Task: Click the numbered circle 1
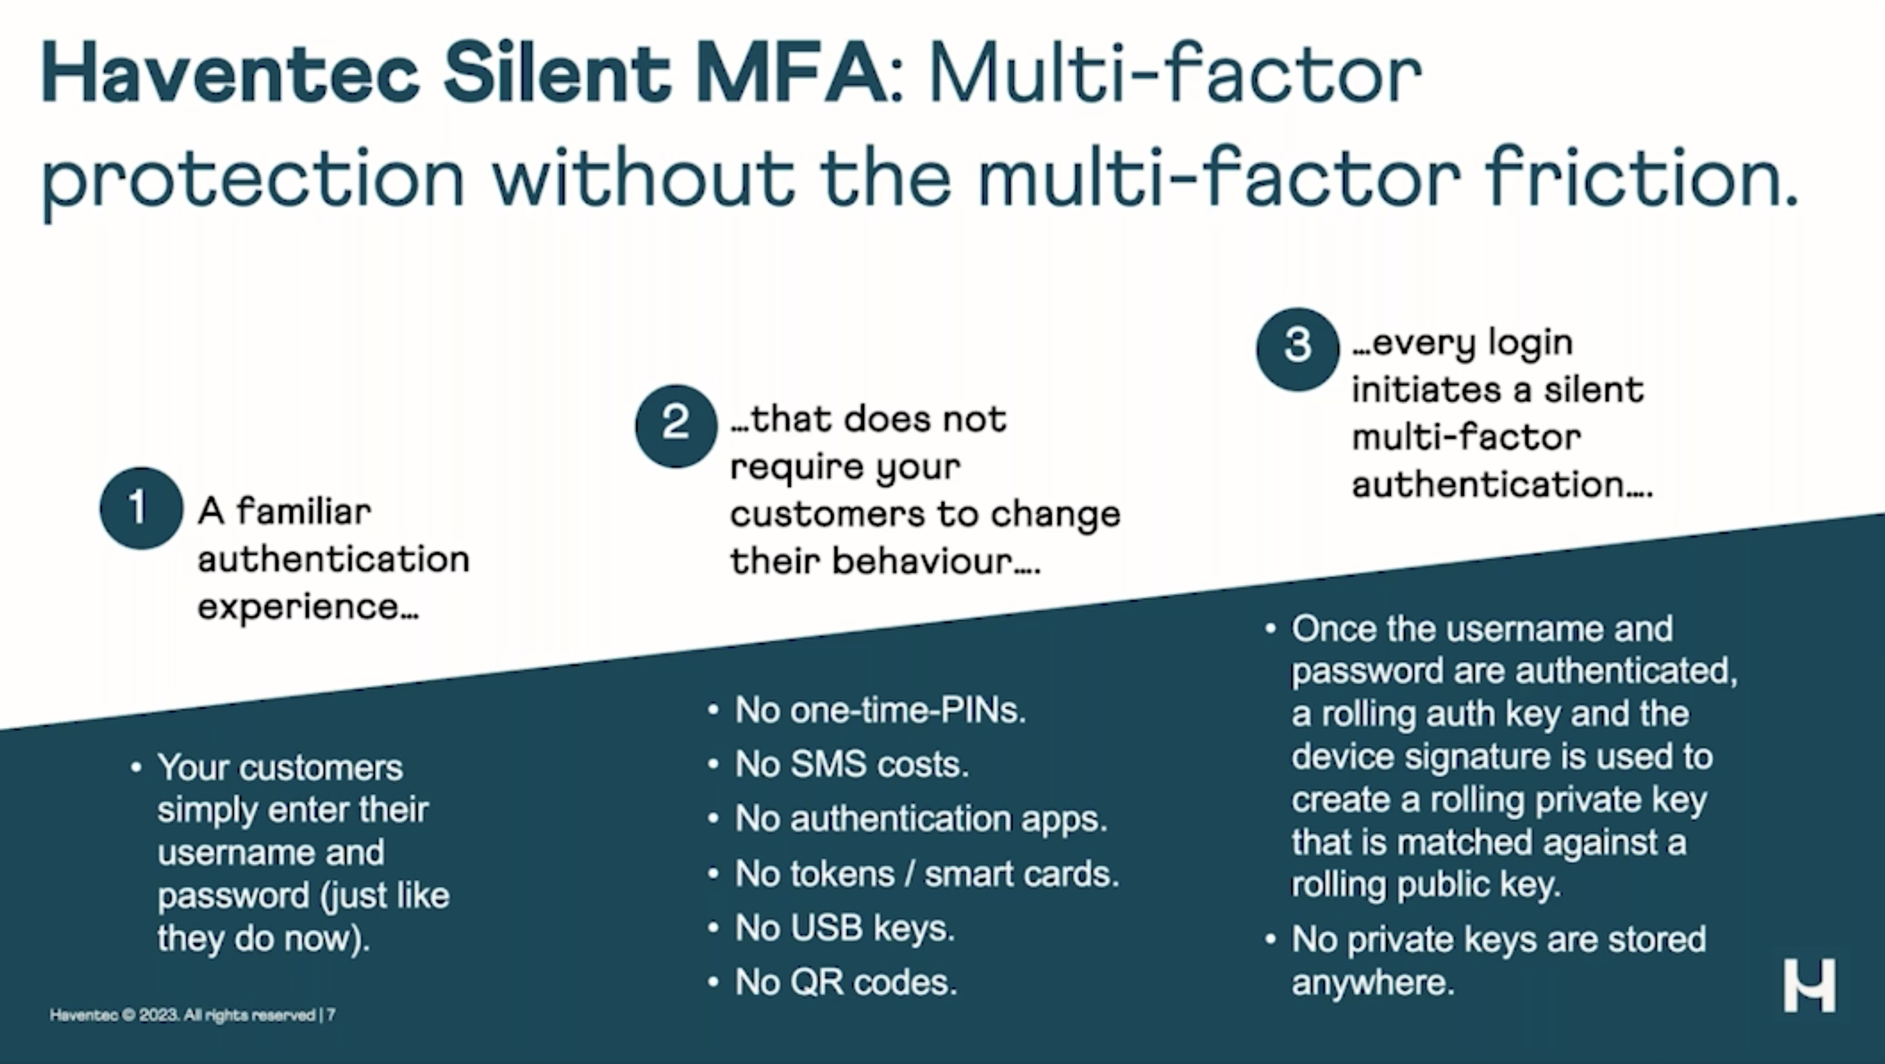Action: (x=141, y=508)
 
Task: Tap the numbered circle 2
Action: (x=676, y=426)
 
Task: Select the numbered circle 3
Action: (x=1298, y=348)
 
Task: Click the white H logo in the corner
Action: (x=1810, y=985)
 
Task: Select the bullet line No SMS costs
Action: (x=851, y=764)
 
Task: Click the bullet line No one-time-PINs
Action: (x=879, y=710)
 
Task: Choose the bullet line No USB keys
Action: (x=844, y=928)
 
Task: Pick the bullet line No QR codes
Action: (x=845, y=982)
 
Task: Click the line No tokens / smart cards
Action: (x=927, y=873)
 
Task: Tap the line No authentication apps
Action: (x=921, y=818)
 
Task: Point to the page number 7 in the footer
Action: (x=332, y=1015)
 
